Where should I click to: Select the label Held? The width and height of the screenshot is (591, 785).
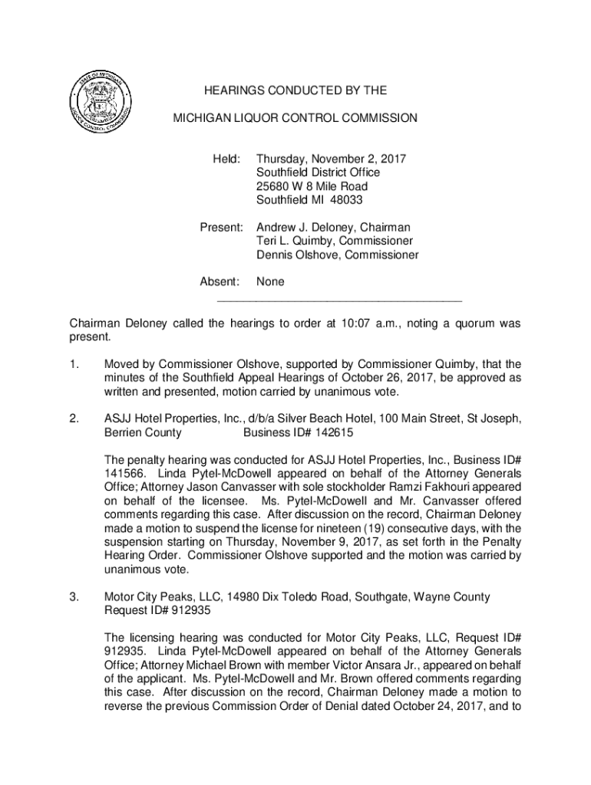point(227,159)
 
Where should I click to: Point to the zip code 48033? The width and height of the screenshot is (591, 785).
point(344,201)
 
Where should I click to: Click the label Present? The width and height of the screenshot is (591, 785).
point(221,228)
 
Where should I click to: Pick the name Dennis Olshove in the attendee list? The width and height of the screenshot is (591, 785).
point(296,255)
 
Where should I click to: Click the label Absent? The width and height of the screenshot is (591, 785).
point(220,282)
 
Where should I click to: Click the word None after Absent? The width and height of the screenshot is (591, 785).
point(270,282)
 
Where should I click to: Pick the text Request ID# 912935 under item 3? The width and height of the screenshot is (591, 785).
point(153,611)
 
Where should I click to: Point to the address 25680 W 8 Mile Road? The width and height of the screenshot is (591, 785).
point(312,187)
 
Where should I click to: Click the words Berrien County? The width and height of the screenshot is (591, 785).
point(143,432)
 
